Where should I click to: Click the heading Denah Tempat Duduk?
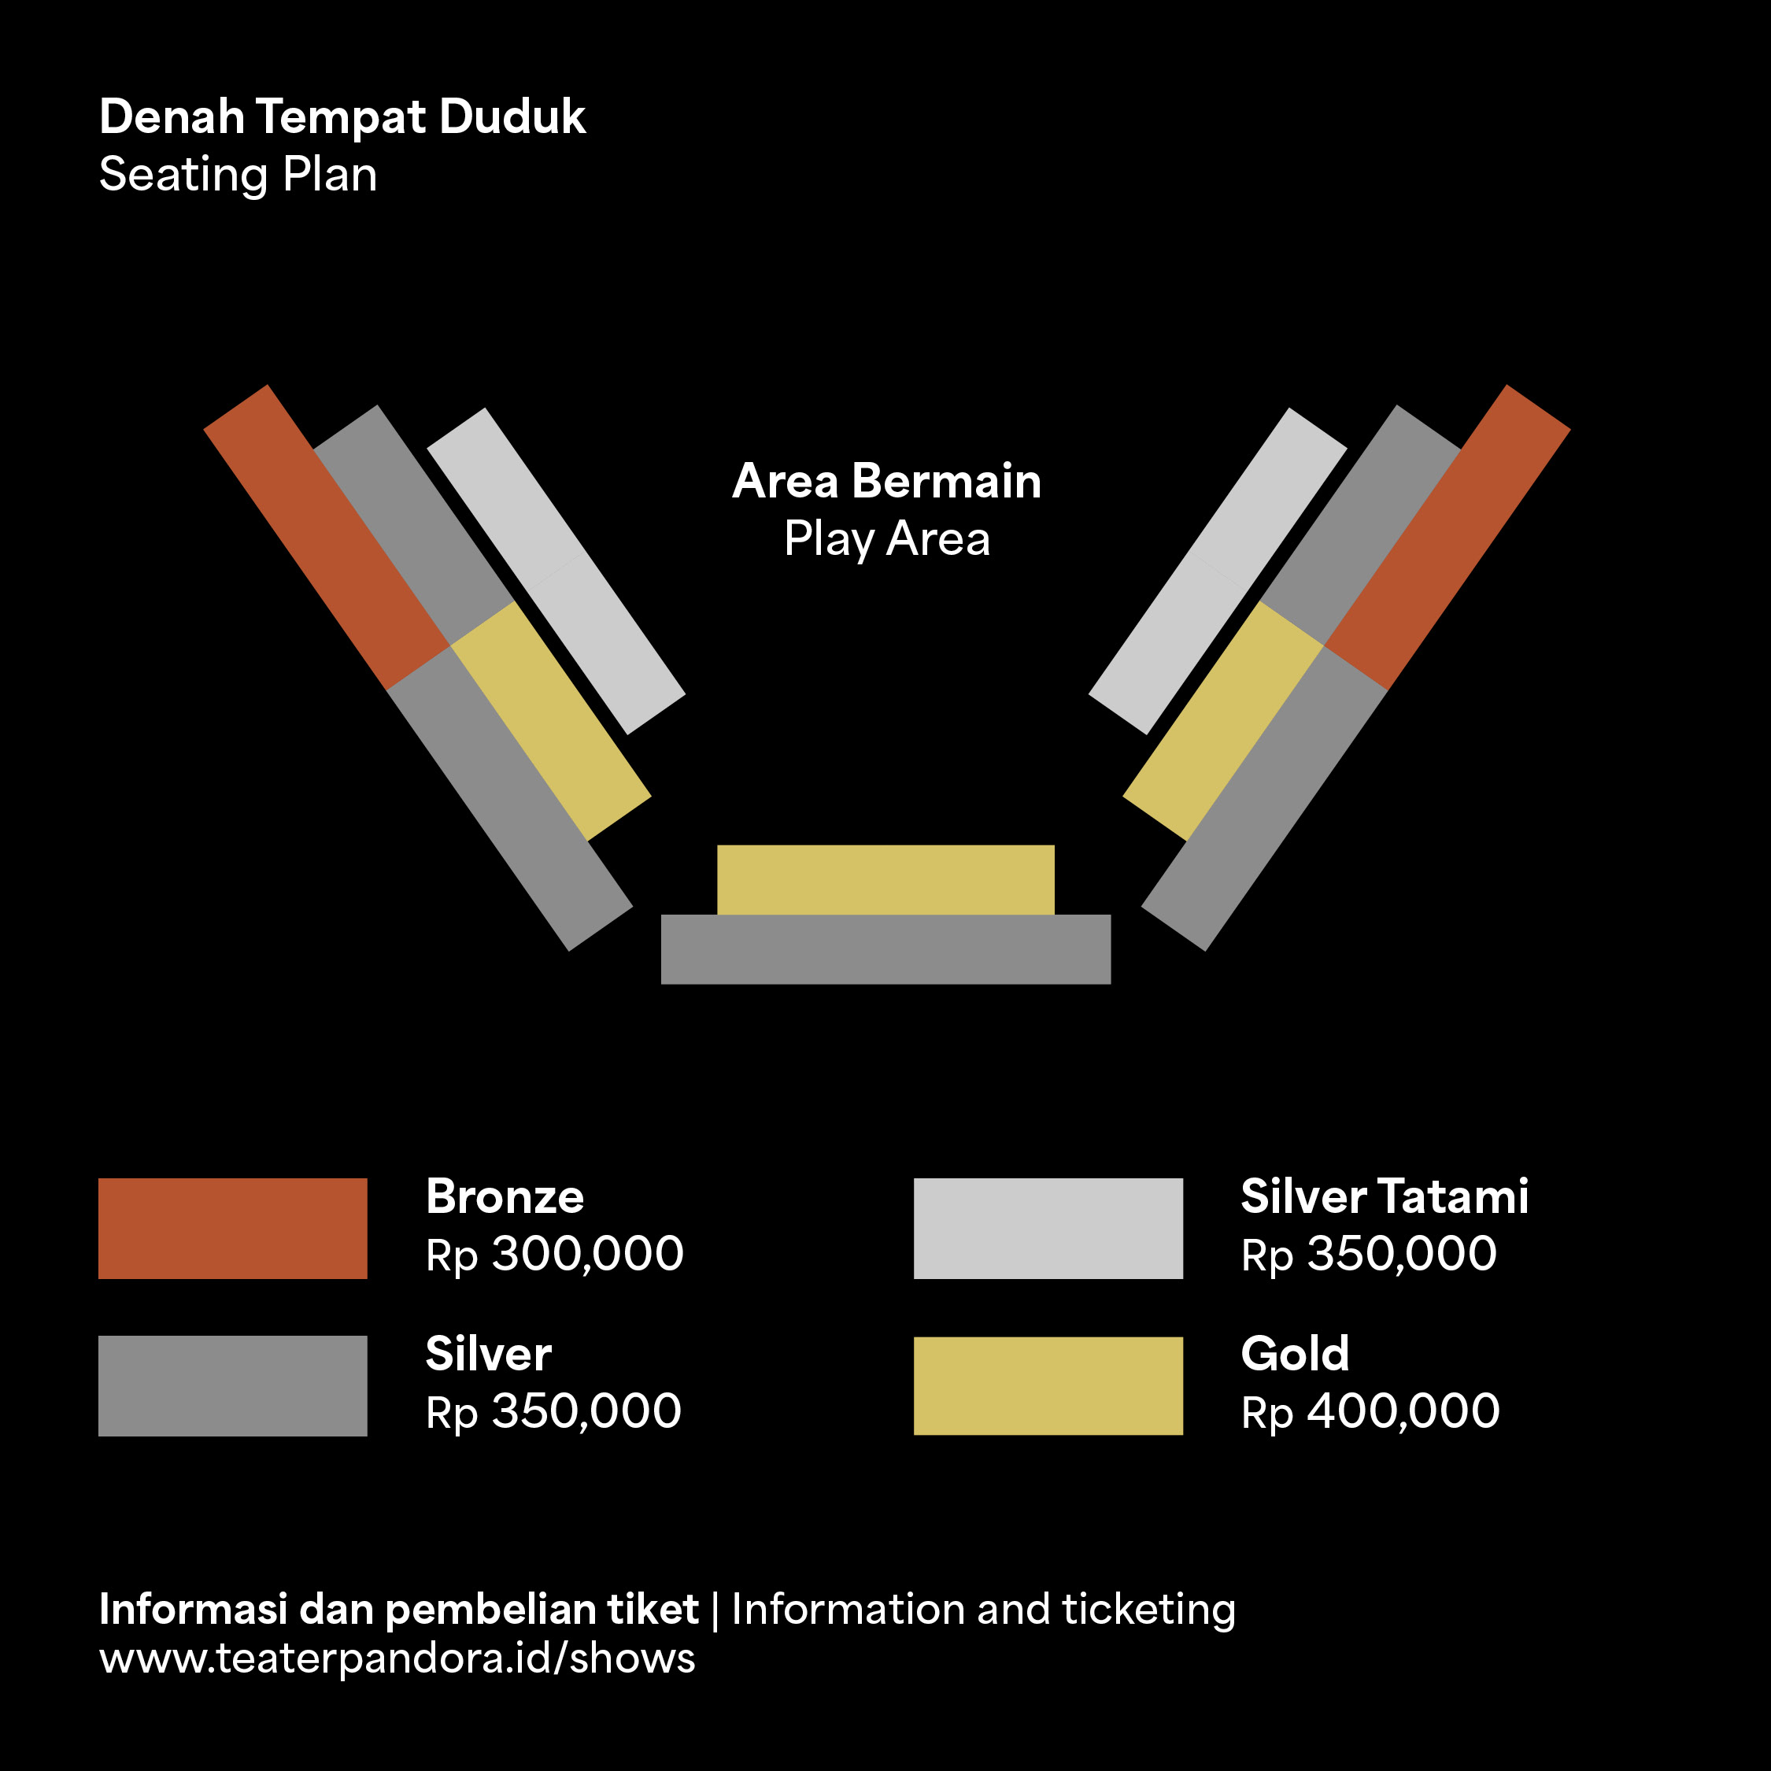342,117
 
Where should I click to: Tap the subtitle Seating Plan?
238,175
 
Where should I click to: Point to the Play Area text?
886,539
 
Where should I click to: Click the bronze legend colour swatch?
233,1229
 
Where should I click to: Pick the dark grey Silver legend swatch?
233,1386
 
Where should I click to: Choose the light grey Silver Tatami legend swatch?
1048,1229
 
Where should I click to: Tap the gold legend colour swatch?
1048,1386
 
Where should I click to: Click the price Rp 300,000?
555,1255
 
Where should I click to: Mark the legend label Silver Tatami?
1385,1197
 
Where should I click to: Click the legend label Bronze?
505,1197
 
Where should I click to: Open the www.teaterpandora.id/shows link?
397,1659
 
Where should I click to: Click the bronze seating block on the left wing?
327,537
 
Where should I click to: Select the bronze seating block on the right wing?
1447,537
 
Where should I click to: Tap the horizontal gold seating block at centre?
885,880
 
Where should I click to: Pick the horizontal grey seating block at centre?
885,950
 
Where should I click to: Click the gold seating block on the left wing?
551,720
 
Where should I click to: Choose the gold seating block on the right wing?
1223,720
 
